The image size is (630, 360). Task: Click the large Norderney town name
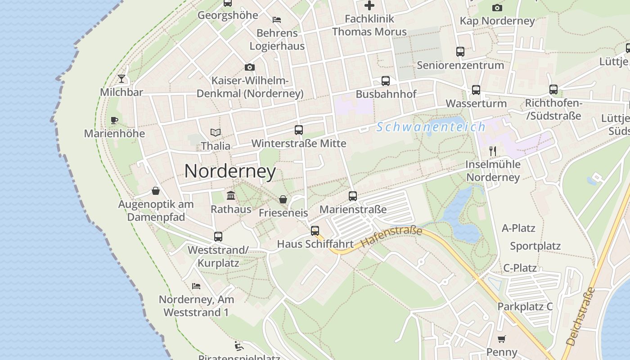[x=230, y=171]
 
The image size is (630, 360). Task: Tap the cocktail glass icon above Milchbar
[x=121, y=79]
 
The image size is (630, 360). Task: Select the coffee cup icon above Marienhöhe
[x=114, y=120]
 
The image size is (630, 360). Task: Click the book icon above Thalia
[x=216, y=132]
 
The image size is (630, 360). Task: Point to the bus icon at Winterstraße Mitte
[x=298, y=130]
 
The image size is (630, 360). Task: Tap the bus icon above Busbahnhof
[x=386, y=81]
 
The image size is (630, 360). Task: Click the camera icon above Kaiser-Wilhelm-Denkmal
[x=250, y=67]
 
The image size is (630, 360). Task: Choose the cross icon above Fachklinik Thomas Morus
[x=369, y=5]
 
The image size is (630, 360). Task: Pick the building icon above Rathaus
[x=231, y=195]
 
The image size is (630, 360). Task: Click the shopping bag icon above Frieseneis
[x=283, y=199]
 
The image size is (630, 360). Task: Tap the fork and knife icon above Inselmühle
[x=493, y=151]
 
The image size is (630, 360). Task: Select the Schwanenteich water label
[x=431, y=127]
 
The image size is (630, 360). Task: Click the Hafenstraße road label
[x=391, y=237]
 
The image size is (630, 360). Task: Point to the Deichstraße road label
[x=580, y=316]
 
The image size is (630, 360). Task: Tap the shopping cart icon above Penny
[x=502, y=339]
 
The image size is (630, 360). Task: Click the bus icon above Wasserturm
[x=476, y=90]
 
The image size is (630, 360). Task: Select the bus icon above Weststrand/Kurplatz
[x=218, y=236]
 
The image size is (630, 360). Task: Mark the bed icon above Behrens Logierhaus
[x=277, y=20]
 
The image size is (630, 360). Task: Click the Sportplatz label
[x=535, y=246]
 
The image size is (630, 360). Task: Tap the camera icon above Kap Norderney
[x=497, y=8]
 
